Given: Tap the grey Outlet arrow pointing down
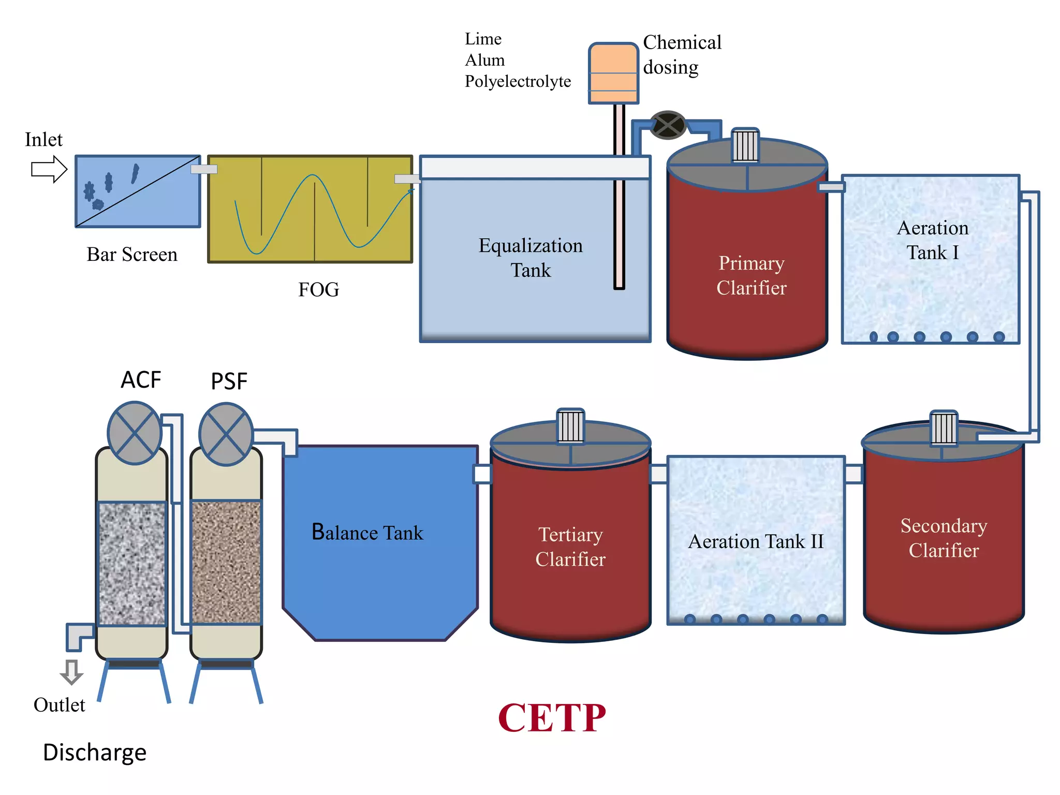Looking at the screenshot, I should pos(71,672).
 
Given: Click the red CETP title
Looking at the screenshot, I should pos(552,718).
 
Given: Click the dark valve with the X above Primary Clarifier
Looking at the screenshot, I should pos(668,125).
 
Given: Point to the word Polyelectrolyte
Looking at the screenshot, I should pos(518,81).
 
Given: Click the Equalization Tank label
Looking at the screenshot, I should pos(531,257).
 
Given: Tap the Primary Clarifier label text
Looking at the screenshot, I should pos(751,275).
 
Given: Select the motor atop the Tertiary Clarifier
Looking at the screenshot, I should pos(570,425).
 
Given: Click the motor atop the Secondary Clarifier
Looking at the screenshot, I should pos(944,428).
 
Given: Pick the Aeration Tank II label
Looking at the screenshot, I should pos(755,541).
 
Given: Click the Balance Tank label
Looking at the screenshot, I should pos(367,532).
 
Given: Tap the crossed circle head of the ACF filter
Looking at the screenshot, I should pos(135,433).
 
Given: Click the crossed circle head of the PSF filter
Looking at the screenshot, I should pos(226,434).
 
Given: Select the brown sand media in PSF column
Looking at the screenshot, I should pos(226,562).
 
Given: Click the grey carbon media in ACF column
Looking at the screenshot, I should pos(132,563).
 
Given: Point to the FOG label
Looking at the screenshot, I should pos(318,289).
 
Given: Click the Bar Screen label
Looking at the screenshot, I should pos(132,254).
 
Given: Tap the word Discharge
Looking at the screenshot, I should pos(95,752).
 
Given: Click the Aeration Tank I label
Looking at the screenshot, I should pos(932,240).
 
